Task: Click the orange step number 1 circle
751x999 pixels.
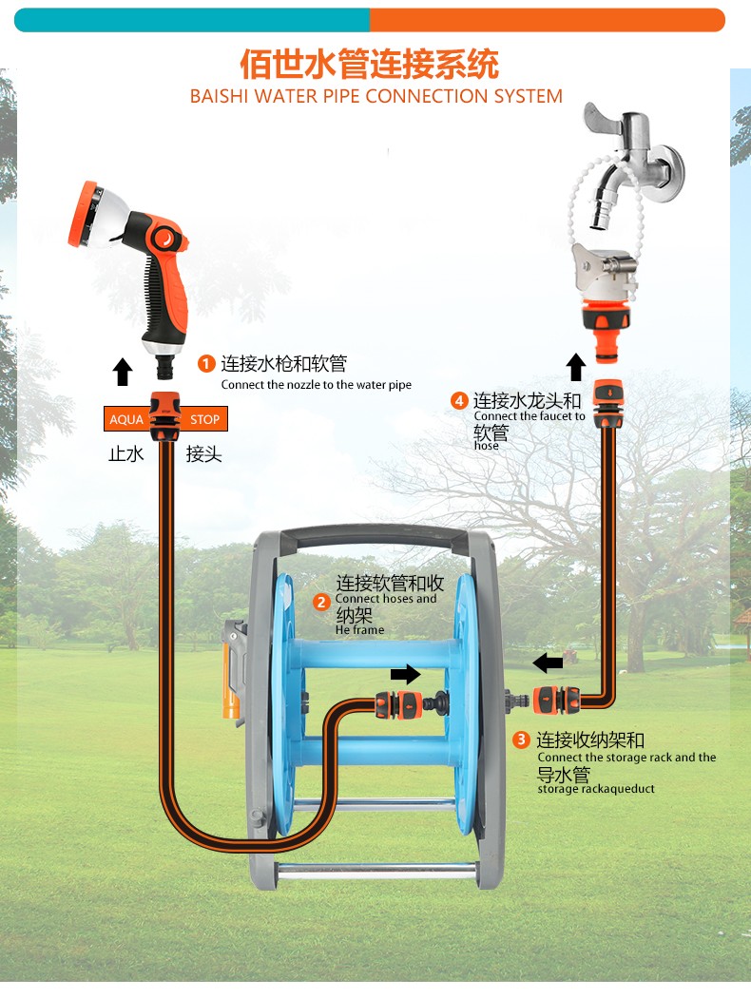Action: pos(205,364)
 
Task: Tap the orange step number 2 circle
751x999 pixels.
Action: pos(321,602)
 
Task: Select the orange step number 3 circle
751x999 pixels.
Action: pos(521,740)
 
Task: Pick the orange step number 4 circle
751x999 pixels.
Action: pos(459,400)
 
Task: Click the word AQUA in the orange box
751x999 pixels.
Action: pos(126,419)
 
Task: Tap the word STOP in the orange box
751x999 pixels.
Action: pos(204,419)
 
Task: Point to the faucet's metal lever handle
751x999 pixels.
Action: pos(603,119)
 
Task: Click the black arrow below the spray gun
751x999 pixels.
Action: pos(123,372)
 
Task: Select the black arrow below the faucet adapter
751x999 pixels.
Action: pos(576,368)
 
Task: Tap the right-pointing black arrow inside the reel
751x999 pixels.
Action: pos(405,674)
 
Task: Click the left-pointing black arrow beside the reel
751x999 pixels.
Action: pos(548,663)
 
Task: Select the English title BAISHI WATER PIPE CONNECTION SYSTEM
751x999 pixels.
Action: pos(376,96)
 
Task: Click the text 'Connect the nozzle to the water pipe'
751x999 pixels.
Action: pos(316,384)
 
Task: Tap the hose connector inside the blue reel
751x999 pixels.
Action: pos(397,704)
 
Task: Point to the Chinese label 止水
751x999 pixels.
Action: pos(126,453)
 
